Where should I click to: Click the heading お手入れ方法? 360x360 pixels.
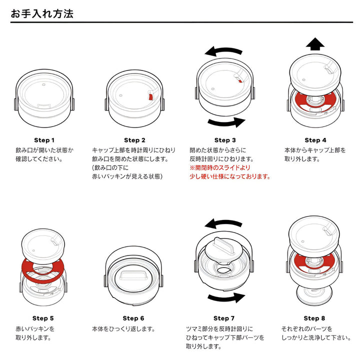(42, 13)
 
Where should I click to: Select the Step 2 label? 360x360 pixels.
(134, 140)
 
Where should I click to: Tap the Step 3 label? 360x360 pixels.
(225, 140)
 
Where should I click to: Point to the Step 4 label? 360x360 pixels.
(315, 140)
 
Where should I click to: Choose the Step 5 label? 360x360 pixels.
(43, 318)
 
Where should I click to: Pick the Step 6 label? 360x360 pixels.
(133, 318)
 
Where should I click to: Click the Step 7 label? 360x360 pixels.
(224, 318)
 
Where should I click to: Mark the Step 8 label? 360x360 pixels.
(314, 318)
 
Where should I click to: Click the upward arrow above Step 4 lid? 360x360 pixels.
(315, 44)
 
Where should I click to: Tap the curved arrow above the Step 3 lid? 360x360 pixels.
(224, 51)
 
